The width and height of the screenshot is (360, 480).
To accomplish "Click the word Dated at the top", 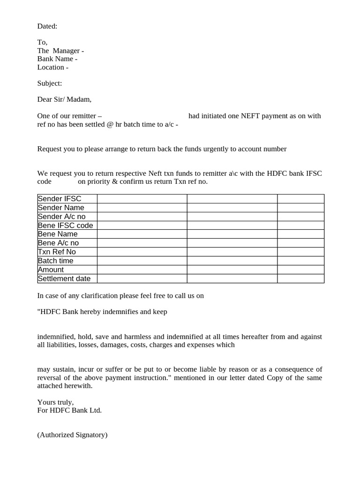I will point(47,26).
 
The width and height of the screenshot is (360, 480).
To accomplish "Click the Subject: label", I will point(49,83).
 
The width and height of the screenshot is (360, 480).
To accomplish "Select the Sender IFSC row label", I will point(59,199).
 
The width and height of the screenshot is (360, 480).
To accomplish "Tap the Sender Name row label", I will point(61,208).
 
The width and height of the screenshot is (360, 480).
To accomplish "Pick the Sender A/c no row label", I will point(61,217).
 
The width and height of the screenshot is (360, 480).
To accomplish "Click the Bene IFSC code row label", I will point(65,225).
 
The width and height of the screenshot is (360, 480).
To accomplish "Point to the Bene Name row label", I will point(58,234).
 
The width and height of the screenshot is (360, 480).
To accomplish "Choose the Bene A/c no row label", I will point(58,243).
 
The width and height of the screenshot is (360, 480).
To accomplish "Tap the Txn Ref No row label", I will point(56,252).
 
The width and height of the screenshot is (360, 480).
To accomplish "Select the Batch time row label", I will point(55,261).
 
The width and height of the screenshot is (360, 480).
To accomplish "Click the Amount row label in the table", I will point(51,270).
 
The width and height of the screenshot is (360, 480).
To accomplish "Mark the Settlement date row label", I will point(64,278).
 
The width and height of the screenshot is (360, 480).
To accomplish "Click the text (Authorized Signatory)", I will point(72,435).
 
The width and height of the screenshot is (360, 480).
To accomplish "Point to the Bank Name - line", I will point(57,59).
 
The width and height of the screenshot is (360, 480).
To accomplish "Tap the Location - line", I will point(52,67).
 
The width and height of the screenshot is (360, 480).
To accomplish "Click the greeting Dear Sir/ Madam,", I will point(64,99).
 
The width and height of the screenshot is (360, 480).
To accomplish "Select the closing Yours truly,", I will point(55,402).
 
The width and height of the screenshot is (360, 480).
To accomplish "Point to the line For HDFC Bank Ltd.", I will point(69,410).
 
